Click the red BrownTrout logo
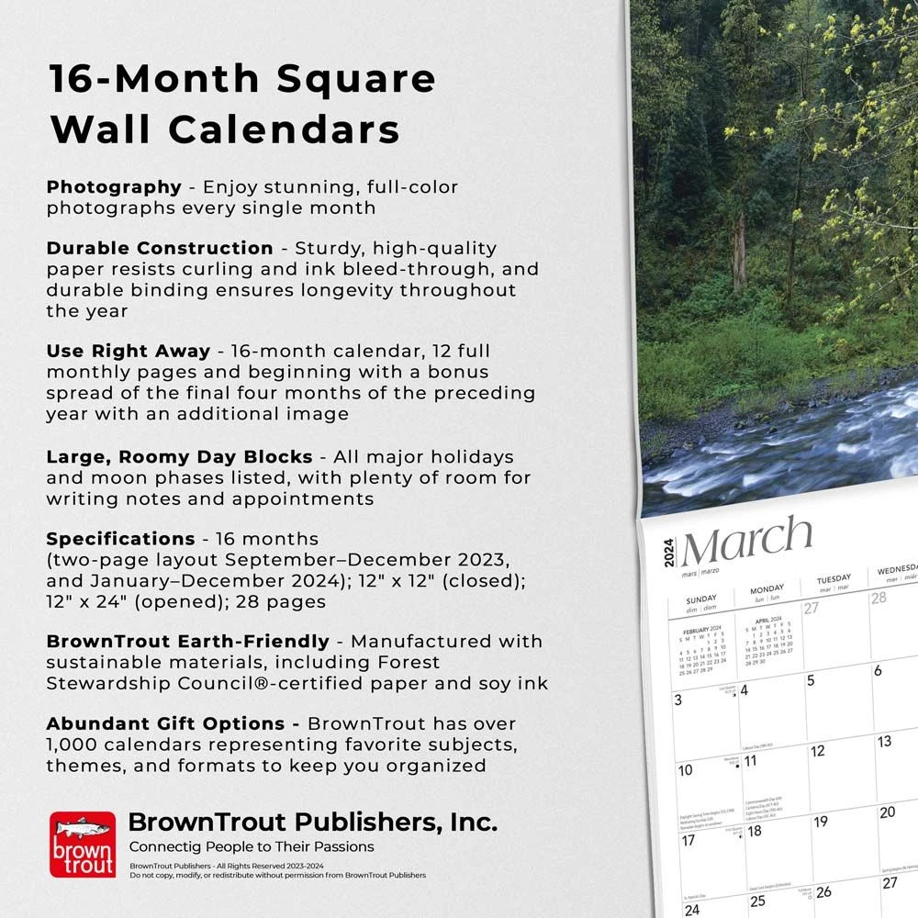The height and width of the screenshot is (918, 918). click(x=83, y=844)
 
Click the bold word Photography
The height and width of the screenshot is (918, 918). click(x=114, y=187)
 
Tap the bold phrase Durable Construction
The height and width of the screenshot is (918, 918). click(x=160, y=248)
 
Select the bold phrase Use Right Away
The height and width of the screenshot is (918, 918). click(x=129, y=351)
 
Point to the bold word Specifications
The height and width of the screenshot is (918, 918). click(x=120, y=539)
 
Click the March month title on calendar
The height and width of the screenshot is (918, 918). click(x=746, y=543)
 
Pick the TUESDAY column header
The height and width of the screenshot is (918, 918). click(x=834, y=580)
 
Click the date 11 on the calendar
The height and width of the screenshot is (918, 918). click(x=750, y=761)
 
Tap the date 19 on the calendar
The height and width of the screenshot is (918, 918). click(x=821, y=822)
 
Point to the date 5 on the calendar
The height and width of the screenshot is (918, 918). click(x=811, y=680)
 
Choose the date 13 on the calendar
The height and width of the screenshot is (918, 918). click(x=884, y=742)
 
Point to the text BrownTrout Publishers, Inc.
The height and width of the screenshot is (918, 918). click(x=312, y=822)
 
